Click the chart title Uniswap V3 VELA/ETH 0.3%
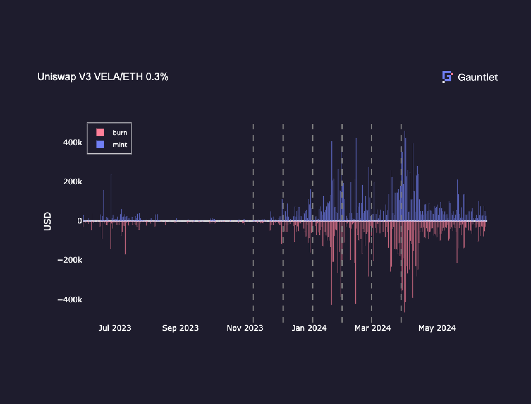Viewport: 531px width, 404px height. (x=103, y=77)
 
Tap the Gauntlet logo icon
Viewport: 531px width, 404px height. (x=447, y=77)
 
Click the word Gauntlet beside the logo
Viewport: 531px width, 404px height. (x=478, y=77)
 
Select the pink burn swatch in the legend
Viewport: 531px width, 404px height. (x=100, y=133)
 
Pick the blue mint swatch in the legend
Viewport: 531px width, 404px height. (x=100, y=145)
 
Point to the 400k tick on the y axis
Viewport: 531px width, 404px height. (x=72, y=143)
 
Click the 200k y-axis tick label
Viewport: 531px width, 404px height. (x=72, y=182)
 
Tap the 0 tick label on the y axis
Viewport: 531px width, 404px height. (x=80, y=221)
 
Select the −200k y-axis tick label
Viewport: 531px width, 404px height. (x=70, y=260)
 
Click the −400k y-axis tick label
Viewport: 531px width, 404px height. (x=70, y=300)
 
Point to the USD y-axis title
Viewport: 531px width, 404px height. (x=47, y=221)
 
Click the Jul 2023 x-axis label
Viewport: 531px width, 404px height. (x=115, y=328)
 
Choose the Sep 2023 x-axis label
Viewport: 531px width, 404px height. (x=180, y=328)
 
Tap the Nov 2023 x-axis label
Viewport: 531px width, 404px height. (x=245, y=328)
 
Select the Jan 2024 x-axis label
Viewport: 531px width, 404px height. (x=309, y=328)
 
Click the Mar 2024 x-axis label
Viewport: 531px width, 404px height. (x=373, y=328)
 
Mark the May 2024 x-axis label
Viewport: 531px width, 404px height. (x=437, y=328)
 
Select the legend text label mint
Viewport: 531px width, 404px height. (x=120, y=145)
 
